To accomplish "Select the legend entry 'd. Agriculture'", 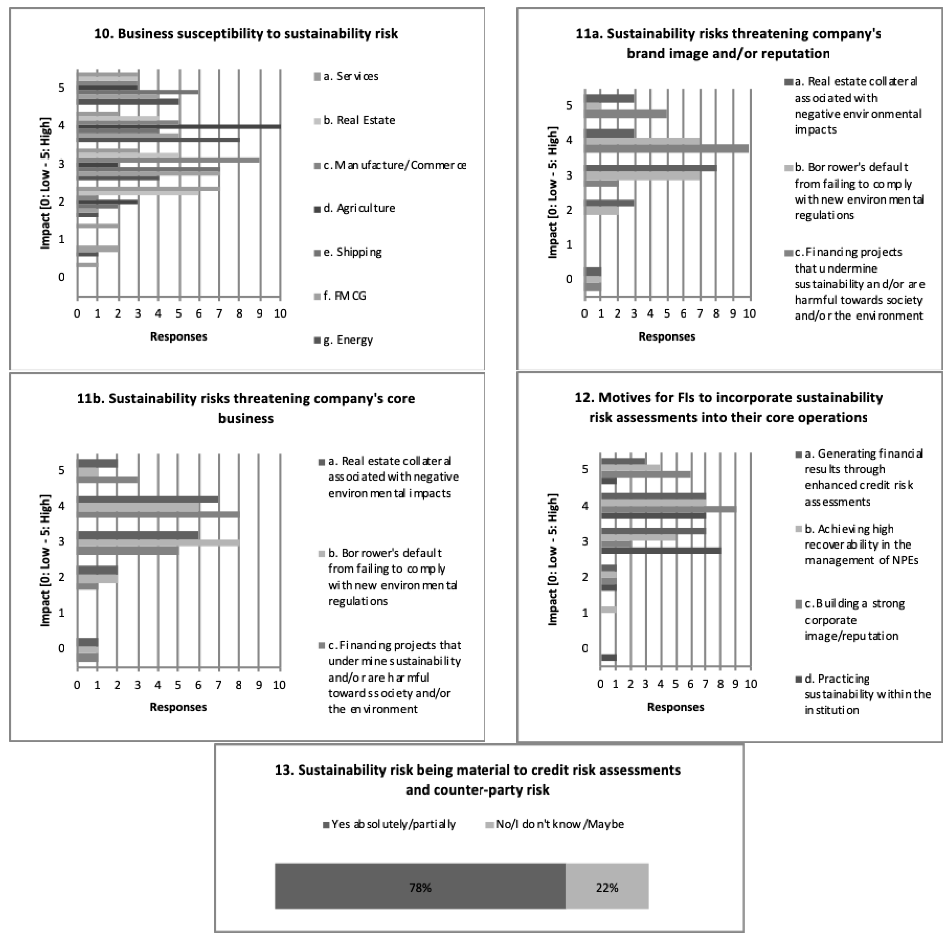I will pos(359,208).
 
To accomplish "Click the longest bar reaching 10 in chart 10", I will pos(179,127).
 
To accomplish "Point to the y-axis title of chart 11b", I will pos(45,560).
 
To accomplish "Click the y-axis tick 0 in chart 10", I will pos(61,277).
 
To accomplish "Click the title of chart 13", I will pos(477,780).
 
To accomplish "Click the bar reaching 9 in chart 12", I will pos(668,509).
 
